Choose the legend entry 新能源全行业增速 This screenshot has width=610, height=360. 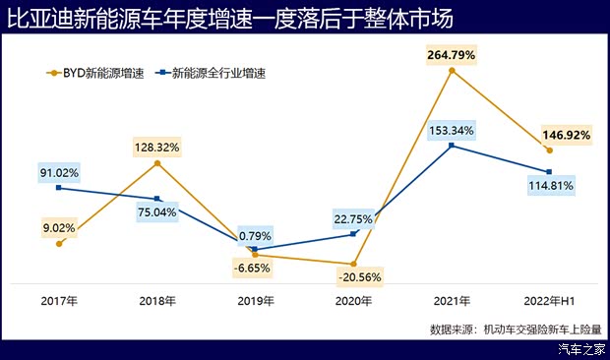(x=211, y=72)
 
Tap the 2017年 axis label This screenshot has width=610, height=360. (x=59, y=300)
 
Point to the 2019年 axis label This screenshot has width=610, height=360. (x=254, y=300)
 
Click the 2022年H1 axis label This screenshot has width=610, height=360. (x=548, y=300)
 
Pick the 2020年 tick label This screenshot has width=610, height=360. (x=352, y=300)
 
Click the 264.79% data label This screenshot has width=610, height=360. (x=451, y=55)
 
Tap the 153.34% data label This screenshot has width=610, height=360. (x=451, y=130)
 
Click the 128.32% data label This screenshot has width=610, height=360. (x=157, y=147)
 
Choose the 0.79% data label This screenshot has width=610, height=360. (x=254, y=235)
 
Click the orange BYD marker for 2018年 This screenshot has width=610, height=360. (x=157, y=163)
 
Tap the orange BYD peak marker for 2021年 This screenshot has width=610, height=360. (x=451, y=71)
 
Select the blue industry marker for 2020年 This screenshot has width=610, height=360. (x=353, y=234)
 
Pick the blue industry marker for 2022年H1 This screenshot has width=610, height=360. (x=549, y=171)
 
